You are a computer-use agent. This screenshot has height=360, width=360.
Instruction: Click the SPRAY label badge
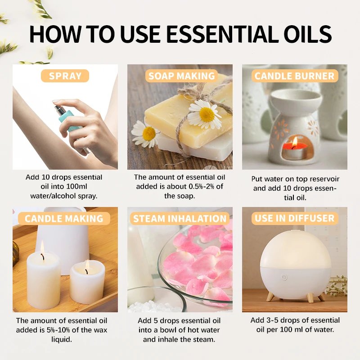point(65,76)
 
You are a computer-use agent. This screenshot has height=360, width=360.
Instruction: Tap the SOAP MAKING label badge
point(181,76)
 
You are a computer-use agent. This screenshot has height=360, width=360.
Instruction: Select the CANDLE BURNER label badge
point(295,76)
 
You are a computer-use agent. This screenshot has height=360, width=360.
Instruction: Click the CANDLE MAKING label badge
point(64,219)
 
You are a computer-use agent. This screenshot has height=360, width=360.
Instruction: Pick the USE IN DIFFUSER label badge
point(295,219)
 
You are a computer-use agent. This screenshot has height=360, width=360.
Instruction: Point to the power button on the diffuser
point(284,277)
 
